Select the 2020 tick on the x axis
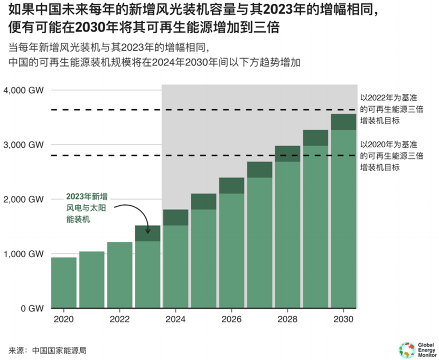[x=63, y=320]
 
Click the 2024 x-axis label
[x=175, y=320]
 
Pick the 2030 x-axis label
[x=343, y=320]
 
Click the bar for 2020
[x=63, y=282]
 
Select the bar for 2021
[x=91, y=280]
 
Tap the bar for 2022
[x=119, y=275]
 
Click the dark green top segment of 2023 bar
[x=147, y=233]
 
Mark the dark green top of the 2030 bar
[x=343, y=122]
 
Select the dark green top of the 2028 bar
[x=287, y=154]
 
